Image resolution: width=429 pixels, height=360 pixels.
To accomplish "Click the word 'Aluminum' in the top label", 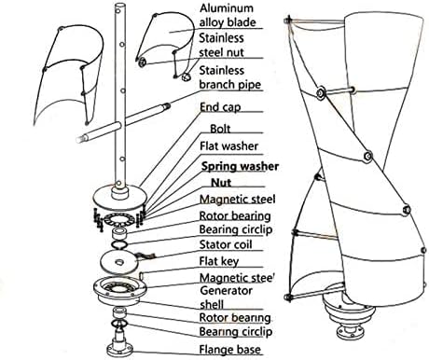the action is (227, 8).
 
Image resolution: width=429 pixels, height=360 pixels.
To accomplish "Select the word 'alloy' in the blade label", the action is (210, 22).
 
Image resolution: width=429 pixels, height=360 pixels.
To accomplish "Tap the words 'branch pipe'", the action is (229, 84).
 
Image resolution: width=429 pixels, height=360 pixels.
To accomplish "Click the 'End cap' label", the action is (220, 107).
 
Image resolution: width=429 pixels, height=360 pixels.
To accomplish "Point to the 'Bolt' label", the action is (220, 129).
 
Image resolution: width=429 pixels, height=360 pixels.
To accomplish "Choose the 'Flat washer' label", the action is (228, 145).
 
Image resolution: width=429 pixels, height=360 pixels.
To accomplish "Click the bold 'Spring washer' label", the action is (240, 166).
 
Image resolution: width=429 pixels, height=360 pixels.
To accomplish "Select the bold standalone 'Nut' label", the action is (221, 182).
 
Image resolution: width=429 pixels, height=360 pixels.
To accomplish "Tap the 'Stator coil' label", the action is (226, 244).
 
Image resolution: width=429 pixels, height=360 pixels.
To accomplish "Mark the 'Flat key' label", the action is (219, 261).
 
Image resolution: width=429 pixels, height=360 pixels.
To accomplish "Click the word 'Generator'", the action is (226, 291).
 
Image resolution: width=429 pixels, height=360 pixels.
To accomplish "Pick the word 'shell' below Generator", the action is (212, 304).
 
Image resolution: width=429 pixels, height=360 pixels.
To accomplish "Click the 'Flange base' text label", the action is (230, 350).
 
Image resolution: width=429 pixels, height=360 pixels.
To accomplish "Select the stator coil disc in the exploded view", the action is (118, 262).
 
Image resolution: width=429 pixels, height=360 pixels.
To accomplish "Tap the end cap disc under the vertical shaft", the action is (120, 197).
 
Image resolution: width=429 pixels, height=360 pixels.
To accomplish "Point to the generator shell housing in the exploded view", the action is (120, 290).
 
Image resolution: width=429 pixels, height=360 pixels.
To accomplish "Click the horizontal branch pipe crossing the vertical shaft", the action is (123, 122).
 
